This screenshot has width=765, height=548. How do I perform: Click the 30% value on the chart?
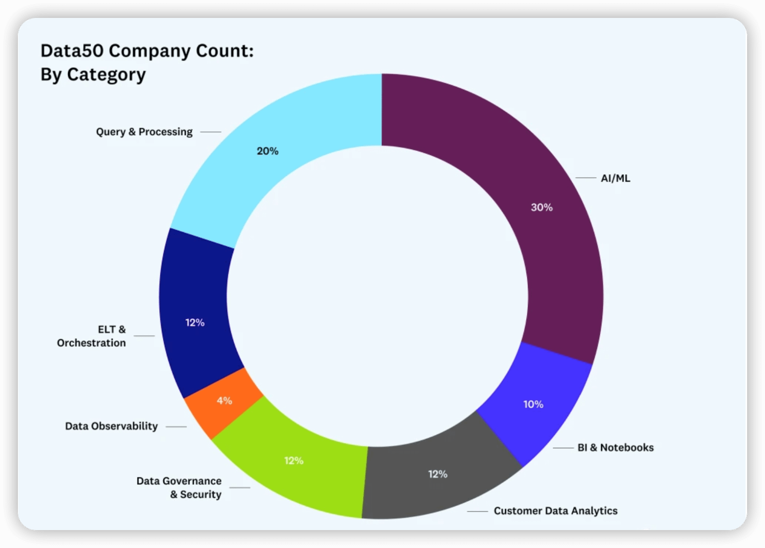[541, 207]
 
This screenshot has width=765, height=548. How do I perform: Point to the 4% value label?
[224, 401]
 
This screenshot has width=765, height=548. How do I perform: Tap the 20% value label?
[267, 151]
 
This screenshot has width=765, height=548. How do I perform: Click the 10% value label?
[533, 405]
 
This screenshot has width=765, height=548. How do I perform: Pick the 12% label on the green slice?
[294, 461]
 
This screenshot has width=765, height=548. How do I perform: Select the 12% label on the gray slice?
[438, 474]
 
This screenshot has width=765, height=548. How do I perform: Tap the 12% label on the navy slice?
[195, 323]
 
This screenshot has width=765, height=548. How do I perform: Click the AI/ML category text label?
[615, 178]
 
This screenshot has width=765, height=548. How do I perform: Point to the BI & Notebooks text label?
[615, 447]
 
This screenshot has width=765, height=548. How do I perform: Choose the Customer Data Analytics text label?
[555, 511]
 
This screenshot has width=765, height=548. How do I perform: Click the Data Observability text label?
[111, 426]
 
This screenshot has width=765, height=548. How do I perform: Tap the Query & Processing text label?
[144, 132]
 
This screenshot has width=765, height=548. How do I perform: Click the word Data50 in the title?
[72, 51]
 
